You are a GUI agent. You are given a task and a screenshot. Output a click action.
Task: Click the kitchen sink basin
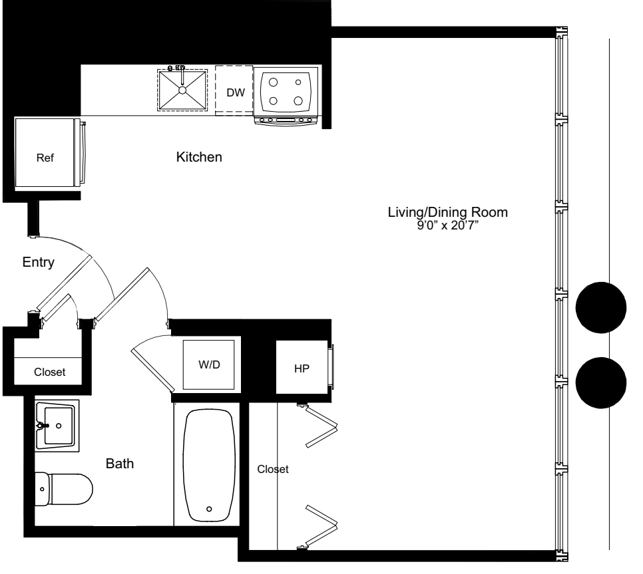pyautogui.click(x=182, y=90)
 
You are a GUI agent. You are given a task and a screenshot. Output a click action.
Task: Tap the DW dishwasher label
pyautogui.click(x=234, y=92)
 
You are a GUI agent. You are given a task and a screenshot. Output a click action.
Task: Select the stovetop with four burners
pyautogui.click(x=285, y=91)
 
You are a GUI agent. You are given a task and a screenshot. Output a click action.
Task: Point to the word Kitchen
pyautogui.click(x=198, y=158)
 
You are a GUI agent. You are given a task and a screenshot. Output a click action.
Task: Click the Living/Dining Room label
pyautogui.click(x=448, y=213)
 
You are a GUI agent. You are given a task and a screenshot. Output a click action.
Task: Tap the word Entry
pyautogui.click(x=37, y=262)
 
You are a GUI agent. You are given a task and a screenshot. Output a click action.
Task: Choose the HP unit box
pyautogui.click(x=302, y=368)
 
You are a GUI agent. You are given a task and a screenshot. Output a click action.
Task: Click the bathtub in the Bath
pyautogui.click(x=209, y=466)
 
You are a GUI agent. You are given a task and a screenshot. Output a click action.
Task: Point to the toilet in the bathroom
pyautogui.click(x=63, y=488)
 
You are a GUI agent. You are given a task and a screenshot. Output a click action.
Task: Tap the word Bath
pyautogui.click(x=120, y=464)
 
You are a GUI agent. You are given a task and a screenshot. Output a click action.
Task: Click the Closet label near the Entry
pyautogui.click(x=50, y=372)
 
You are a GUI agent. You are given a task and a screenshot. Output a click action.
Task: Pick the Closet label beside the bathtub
pyautogui.click(x=273, y=469)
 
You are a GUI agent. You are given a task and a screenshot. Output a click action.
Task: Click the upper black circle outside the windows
pyautogui.click(x=601, y=307)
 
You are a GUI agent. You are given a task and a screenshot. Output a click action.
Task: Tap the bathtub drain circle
pyautogui.click(x=209, y=509)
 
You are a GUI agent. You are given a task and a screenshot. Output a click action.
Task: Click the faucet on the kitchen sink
pyautogui.click(x=178, y=69)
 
